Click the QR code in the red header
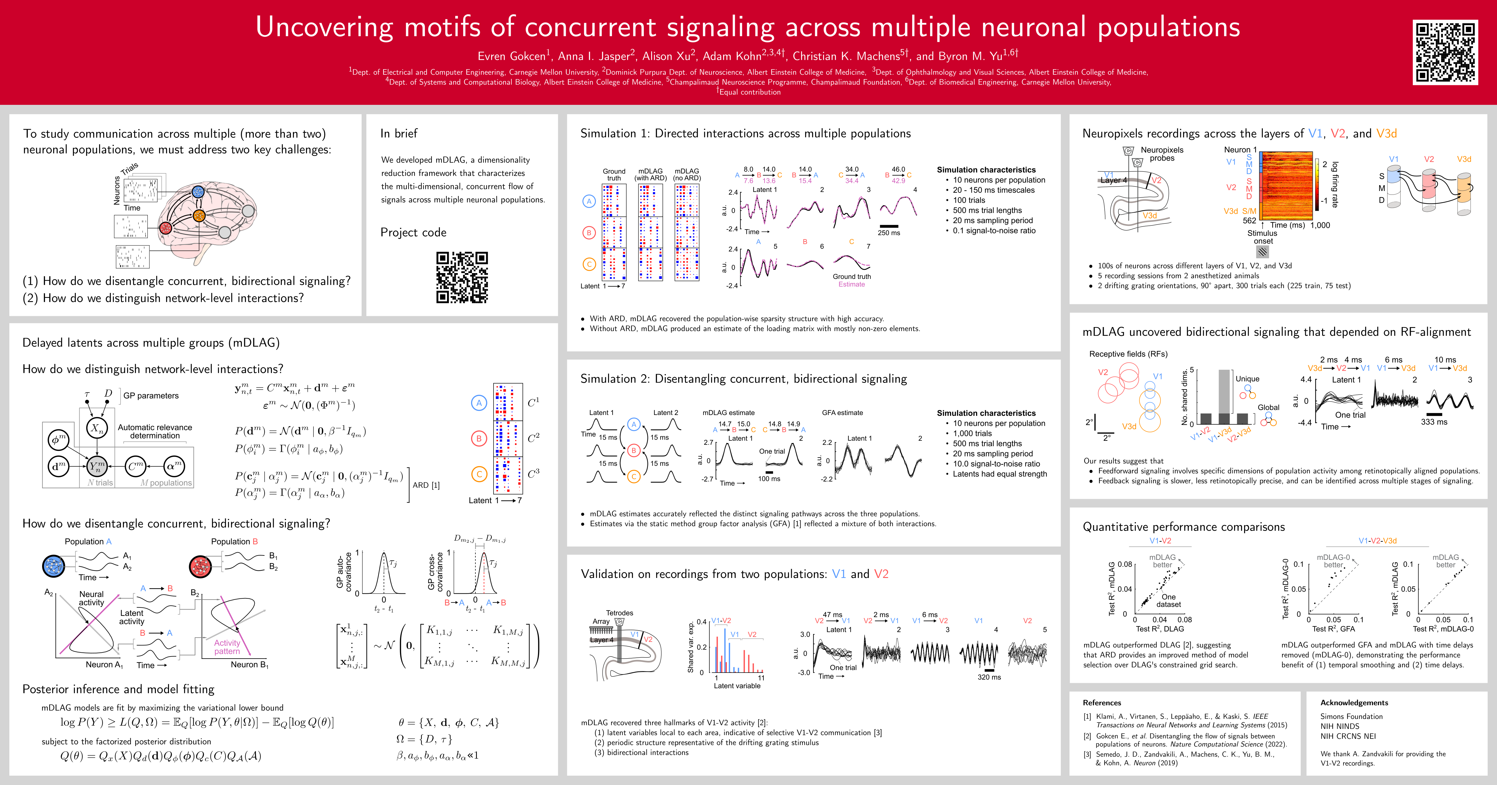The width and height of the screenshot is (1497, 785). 1445,52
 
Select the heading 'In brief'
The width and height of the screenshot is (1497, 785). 399,133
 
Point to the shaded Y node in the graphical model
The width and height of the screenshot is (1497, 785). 97,466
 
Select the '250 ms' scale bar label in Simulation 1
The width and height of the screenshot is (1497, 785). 889,233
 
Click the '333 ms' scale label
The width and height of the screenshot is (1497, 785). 1434,422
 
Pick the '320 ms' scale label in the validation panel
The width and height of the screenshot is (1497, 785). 989,677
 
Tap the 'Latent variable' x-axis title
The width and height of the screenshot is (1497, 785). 737,686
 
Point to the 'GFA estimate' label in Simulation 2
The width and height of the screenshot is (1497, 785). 842,413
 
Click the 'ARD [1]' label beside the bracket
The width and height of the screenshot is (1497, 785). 426,485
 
